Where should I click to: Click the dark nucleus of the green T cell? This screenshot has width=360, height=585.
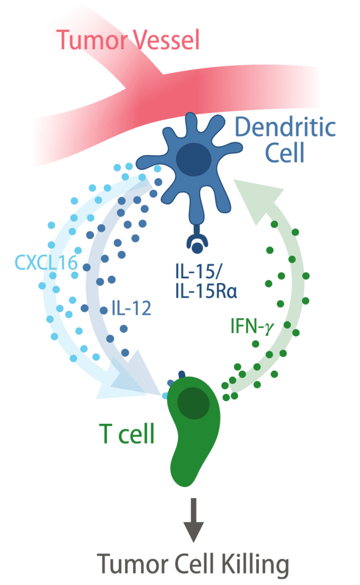tap(193, 403)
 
